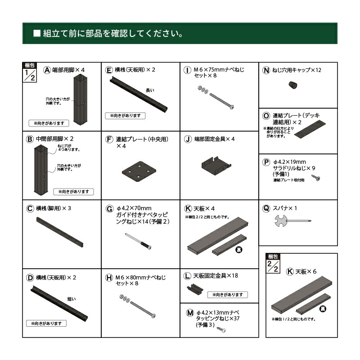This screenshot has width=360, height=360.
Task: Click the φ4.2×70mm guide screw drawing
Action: coord(137,241)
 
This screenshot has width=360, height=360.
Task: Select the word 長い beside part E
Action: coord(150,90)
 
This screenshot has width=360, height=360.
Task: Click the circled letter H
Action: coord(109,278)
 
